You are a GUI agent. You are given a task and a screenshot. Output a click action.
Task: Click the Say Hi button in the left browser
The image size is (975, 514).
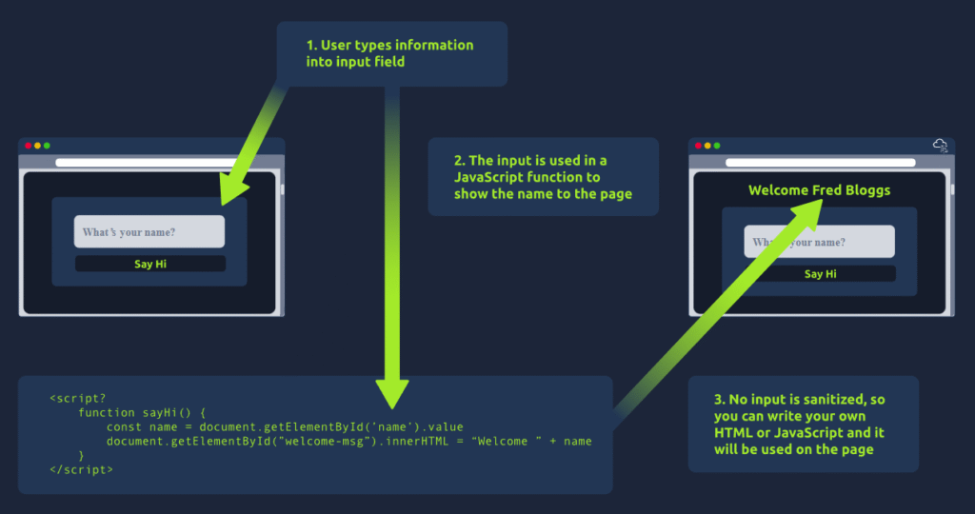(x=150, y=264)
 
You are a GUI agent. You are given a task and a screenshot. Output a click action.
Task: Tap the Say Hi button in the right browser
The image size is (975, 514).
(x=820, y=274)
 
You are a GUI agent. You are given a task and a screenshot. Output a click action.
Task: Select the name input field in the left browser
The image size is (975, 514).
(x=149, y=232)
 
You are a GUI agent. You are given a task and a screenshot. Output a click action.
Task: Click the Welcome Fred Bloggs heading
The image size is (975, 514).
(x=819, y=190)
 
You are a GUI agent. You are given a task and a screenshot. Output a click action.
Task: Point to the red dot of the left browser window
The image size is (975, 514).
(x=29, y=146)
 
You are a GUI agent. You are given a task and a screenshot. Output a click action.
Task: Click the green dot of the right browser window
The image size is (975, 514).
(x=717, y=146)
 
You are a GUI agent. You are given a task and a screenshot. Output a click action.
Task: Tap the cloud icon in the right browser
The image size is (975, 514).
(x=941, y=146)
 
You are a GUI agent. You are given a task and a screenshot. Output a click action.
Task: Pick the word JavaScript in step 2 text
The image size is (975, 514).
(x=494, y=177)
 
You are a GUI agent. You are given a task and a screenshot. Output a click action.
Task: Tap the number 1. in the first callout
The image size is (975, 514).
(x=312, y=45)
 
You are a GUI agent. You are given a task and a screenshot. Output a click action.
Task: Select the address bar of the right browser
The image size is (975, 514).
(x=819, y=163)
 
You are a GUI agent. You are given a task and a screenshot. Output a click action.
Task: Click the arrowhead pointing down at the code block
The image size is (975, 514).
(x=392, y=390)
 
